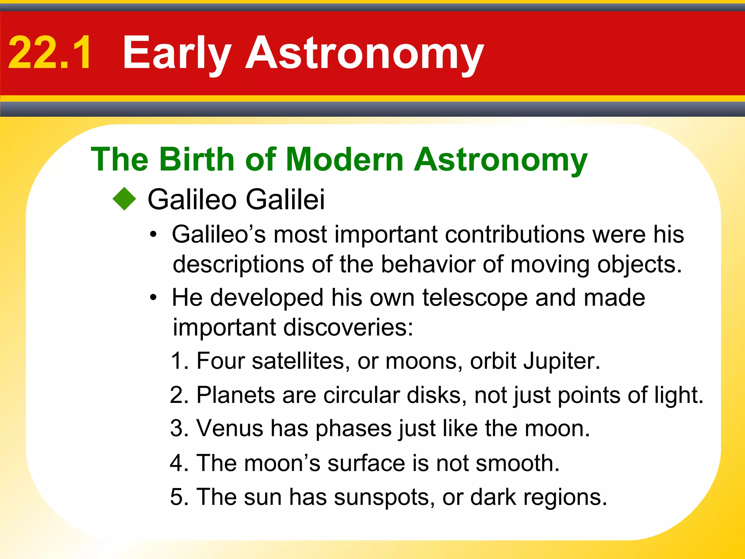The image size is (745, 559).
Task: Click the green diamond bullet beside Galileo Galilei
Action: click(x=124, y=199)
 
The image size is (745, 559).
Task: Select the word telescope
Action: click(x=474, y=298)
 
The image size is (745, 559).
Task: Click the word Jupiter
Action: click(x=561, y=362)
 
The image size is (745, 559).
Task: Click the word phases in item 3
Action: click(x=353, y=429)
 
